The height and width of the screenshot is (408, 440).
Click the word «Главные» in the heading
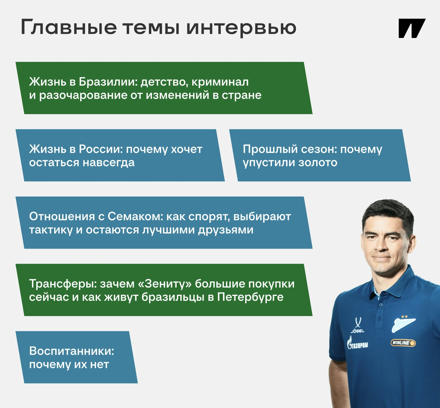coord(69,27)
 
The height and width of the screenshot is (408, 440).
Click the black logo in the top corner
coord(412,28)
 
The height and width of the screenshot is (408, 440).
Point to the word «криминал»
coord(220,82)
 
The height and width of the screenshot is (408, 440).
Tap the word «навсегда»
coord(108,163)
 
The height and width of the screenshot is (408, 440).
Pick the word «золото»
coord(318,163)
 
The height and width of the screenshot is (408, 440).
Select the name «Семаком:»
coord(136,217)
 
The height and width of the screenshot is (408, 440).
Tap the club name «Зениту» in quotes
coord(166,284)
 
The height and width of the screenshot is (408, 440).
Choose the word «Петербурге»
coord(250,297)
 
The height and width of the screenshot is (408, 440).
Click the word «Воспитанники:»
coord(71,351)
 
